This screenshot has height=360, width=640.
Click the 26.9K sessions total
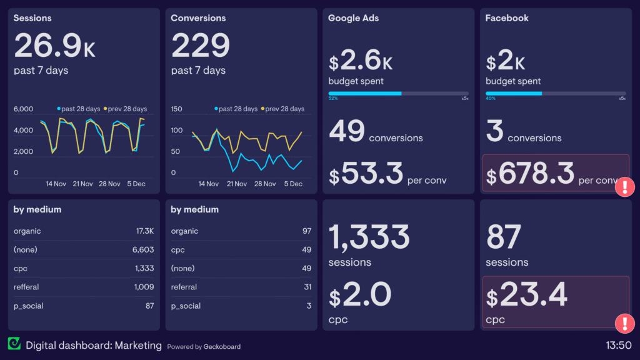pyautogui.click(x=54, y=46)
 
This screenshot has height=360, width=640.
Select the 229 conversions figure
pyautogui.click(x=201, y=46)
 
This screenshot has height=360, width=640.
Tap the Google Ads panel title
pyautogui.click(x=353, y=18)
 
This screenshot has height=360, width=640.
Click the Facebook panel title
pyautogui.click(x=507, y=18)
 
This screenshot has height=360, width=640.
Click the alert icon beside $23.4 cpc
pyautogui.click(x=624, y=323)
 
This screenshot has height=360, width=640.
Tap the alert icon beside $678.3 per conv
pyautogui.click(x=624, y=187)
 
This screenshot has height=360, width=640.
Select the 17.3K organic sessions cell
pyautogui.click(x=144, y=231)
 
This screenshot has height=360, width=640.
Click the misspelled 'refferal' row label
pyautogui.click(x=26, y=287)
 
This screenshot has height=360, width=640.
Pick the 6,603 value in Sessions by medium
pyautogui.click(x=143, y=250)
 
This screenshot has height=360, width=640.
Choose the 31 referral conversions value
pyautogui.click(x=306, y=287)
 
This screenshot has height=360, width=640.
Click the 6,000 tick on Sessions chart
pyautogui.click(x=23, y=109)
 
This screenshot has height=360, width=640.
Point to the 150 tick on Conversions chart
pyautogui.click(x=176, y=109)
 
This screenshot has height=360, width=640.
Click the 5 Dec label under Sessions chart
pyautogui.click(x=136, y=184)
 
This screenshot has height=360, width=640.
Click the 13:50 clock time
pyautogui.click(x=618, y=346)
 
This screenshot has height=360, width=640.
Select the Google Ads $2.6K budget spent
pyautogui.click(x=361, y=62)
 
